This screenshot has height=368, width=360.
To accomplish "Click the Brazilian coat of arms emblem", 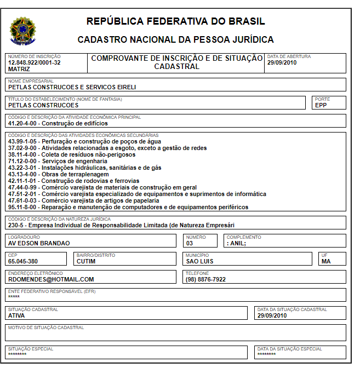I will click(x=22, y=30).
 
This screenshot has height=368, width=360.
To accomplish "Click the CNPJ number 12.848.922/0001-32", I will click(x=34, y=62).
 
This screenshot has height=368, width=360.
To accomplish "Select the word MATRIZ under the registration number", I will click(x=19, y=69).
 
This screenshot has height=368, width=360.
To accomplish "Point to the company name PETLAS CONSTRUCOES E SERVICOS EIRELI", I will click(x=72, y=87).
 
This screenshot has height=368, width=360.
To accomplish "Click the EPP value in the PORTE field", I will click(x=321, y=105).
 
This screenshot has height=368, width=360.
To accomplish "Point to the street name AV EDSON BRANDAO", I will click(x=39, y=243).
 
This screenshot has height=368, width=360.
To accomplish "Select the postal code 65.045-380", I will click(x=23, y=261).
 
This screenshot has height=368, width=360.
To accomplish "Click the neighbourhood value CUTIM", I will click(x=86, y=261).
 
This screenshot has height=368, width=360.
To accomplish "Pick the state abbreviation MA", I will click(x=326, y=261).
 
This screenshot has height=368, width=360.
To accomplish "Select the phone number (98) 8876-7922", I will click(x=205, y=279).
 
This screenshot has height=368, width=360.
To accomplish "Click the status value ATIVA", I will click(x=16, y=315).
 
